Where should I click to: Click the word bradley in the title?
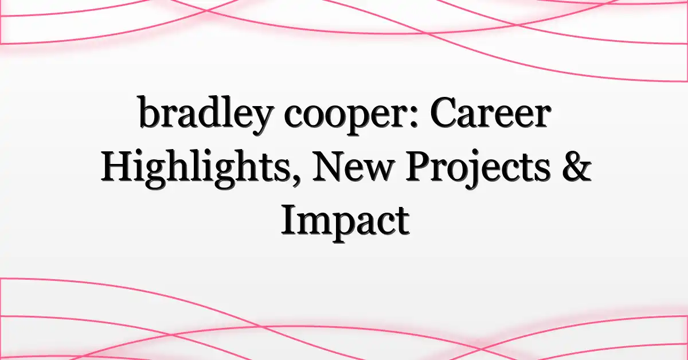click(x=205, y=115)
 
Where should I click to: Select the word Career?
click(x=489, y=114)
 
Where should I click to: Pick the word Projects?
click(x=478, y=170)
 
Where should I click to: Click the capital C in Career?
click(x=443, y=114)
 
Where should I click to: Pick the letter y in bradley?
click(x=261, y=122)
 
